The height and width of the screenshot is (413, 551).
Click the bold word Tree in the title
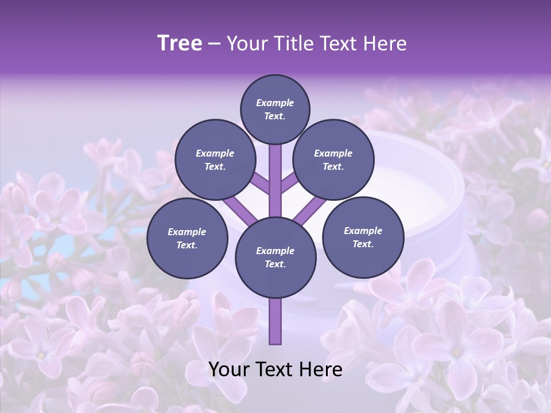(x=180, y=44)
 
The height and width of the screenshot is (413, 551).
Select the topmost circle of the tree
(x=275, y=110)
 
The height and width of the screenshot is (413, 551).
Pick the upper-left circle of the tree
(x=215, y=160)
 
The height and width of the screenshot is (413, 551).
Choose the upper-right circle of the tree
(x=333, y=160)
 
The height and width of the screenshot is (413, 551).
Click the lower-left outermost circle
(x=187, y=238)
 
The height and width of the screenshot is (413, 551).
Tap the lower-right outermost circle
(x=363, y=237)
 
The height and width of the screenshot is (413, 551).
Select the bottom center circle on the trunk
(x=275, y=258)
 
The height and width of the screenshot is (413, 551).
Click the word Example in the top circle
(x=275, y=103)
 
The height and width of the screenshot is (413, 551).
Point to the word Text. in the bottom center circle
(x=275, y=264)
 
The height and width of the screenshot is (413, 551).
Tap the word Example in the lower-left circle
(x=187, y=232)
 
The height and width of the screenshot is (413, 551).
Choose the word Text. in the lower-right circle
(x=363, y=244)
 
